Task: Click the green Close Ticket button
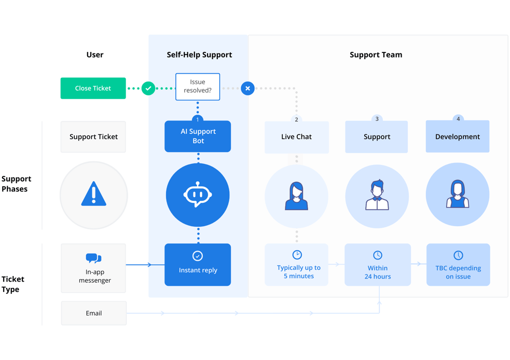point(93,88)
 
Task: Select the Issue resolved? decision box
point(198,87)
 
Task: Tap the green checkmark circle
point(148,88)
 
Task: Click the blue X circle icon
point(247,88)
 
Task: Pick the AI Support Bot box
point(198,136)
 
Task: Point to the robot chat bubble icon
point(198,195)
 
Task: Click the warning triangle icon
point(94,194)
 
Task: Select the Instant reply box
point(198,265)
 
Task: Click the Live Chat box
point(296,137)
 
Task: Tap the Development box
point(457,136)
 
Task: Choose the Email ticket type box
point(94,313)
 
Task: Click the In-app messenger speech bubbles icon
point(94,258)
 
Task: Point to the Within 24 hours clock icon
point(378,255)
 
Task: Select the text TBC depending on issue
point(458,272)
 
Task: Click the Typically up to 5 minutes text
point(299,272)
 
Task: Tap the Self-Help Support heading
point(199,54)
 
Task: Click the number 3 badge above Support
point(377,119)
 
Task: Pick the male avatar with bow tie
point(377,195)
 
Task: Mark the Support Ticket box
point(93,137)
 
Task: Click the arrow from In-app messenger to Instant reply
point(139,265)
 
